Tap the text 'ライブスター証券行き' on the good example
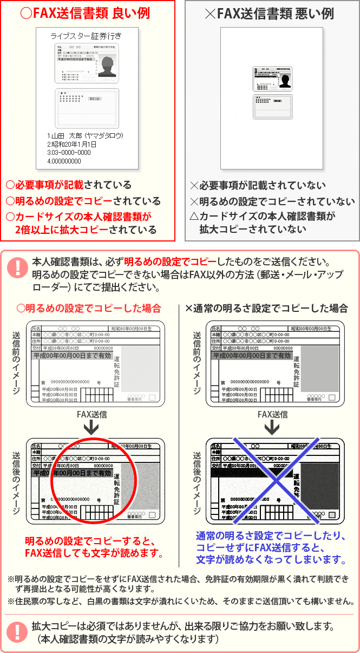tap(86, 36)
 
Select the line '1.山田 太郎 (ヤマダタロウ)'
tap(86, 135)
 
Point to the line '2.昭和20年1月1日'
tap(72, 144)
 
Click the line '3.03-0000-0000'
tap(69, 153)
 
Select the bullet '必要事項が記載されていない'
tap(258, 185)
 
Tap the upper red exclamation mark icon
tap(18, 268)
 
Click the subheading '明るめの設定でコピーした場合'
tap(89, 308)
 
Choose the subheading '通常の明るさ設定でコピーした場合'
tap(267, 308)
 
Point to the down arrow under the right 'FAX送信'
tap(272, 428)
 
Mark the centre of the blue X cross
tap(275, 480)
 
